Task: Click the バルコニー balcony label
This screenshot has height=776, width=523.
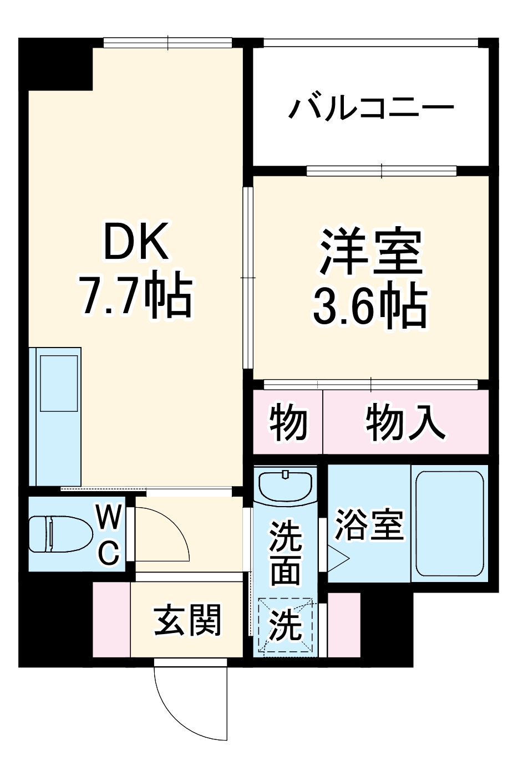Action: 370,109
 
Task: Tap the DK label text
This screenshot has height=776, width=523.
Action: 136,242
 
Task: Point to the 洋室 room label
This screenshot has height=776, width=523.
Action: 370,253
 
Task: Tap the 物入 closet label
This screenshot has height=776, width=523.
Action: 405,422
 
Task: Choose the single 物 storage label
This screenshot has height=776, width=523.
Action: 288,422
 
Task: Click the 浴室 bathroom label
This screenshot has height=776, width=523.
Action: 369,524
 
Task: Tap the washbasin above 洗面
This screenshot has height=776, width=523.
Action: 285,485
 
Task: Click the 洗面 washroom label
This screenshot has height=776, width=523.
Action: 285,552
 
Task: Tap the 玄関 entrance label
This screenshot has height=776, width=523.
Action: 187,620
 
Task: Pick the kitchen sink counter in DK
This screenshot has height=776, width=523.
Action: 55,416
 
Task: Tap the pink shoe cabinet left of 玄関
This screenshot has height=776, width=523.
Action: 111,620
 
